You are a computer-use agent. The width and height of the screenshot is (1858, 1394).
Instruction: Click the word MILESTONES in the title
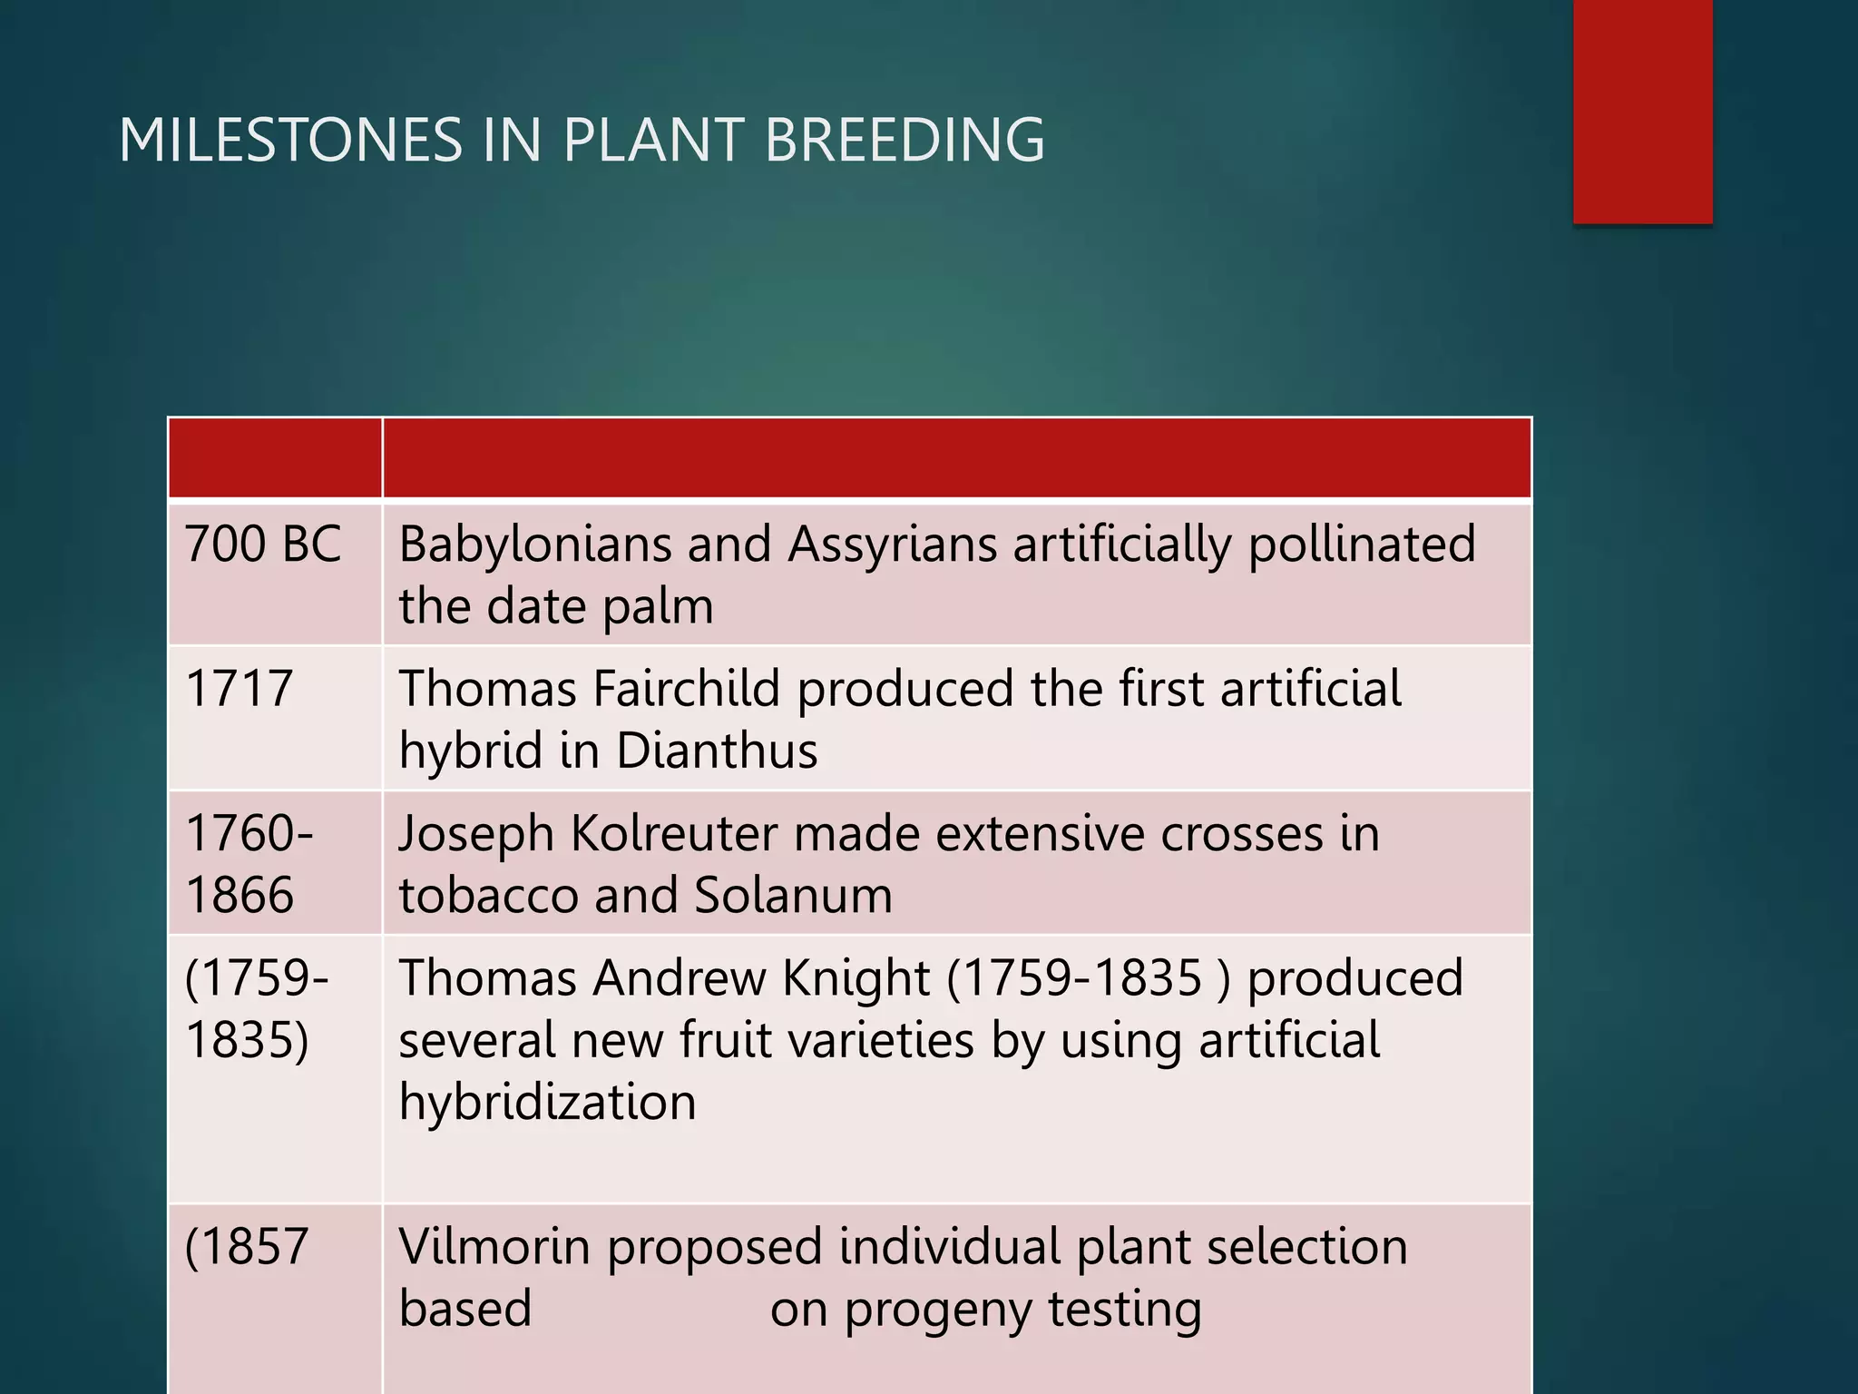[x=290, y=141]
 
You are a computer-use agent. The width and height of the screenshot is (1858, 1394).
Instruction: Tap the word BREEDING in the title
[x=905, y=141]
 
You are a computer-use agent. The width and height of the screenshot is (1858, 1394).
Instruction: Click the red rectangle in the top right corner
[x=1642, y=111]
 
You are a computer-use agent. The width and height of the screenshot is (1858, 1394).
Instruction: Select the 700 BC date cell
[x=263, y=545]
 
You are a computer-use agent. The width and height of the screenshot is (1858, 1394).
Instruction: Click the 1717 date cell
[x=240, y=689]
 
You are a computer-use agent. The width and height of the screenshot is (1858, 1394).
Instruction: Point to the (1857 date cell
[x=247, y=1247]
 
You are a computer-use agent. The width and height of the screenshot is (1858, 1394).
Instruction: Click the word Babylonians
[x=534, y=545]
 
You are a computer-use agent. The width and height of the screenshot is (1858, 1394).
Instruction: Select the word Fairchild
[x=686, y=689]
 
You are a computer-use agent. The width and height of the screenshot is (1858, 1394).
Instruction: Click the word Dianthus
[x=717, y=751]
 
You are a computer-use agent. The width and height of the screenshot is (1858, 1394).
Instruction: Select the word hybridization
[x=547, y=1102]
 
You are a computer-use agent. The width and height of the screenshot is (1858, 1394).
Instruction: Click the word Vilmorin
[x=494, y=1247]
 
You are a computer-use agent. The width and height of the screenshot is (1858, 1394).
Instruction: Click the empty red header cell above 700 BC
[x=275, y=458]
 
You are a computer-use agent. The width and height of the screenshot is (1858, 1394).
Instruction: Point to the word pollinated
[x=1362, y=545]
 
